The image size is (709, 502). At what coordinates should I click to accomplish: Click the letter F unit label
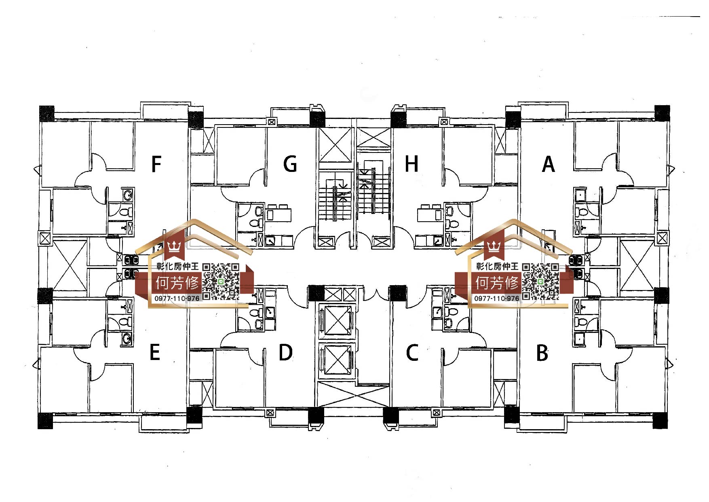(156, 164)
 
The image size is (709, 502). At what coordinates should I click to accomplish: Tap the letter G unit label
(290, 164)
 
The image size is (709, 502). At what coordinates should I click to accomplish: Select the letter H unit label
(411, 164)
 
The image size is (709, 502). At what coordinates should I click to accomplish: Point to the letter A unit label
(548, 164)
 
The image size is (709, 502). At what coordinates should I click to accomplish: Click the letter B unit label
(542, 353)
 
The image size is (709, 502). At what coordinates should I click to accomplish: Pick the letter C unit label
(412, 353)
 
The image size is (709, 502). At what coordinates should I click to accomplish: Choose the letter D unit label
(285, 353)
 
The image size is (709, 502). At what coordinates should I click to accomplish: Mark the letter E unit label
(155, 352)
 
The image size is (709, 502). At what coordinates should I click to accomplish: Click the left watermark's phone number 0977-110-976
(177, 298)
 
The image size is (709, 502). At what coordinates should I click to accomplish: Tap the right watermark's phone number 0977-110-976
(497, 298)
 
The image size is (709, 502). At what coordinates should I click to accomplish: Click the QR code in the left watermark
(221, 282)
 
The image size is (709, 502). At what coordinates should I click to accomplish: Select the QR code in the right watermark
(541, 282)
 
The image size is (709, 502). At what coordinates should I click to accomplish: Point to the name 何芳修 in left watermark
(177, 283)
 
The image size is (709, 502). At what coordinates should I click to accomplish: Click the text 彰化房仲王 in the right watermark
(497, 266)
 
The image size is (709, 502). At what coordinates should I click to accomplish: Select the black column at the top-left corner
(46, 113)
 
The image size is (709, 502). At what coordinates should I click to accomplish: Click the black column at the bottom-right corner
(660, 421)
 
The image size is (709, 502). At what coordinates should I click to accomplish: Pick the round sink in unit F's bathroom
(128, 195)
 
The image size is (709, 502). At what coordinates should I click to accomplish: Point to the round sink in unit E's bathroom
(127, 338)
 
